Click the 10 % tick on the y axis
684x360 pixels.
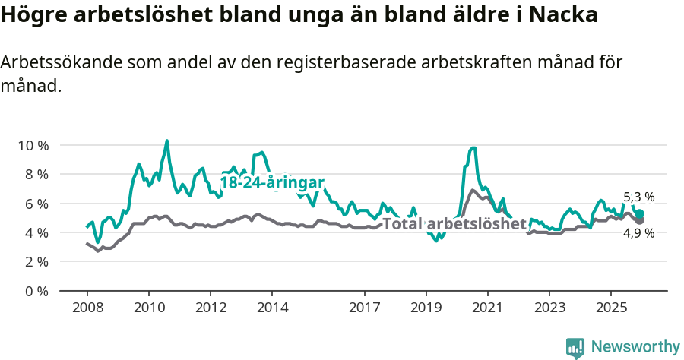[x=33, y=145]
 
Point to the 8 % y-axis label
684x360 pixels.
[x=36, y=174]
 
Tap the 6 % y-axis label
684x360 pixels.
[x=36, y=204]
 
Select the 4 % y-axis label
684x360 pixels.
[x=36, y=232]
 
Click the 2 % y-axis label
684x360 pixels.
[x=36, y=261]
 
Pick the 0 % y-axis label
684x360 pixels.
[x=36, y=291]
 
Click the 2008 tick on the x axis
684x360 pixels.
[x=87, y=308]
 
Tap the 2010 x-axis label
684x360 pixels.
[x=148, y=308]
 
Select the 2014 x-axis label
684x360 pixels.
[x=272, y=308]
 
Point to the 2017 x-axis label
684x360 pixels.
[x=364, y=308]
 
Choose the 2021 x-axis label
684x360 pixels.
[x=487, y=308]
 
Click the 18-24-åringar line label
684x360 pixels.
[x=272, y=182]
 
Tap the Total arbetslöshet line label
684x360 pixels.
[x=454, y=224]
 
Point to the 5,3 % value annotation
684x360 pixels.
[x=638, y=197]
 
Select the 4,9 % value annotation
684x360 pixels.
[x=638, y=233]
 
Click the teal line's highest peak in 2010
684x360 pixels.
[x=167, y=141]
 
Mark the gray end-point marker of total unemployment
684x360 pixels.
[x=640, y=220]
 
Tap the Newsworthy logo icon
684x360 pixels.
[x=575, y=348]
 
